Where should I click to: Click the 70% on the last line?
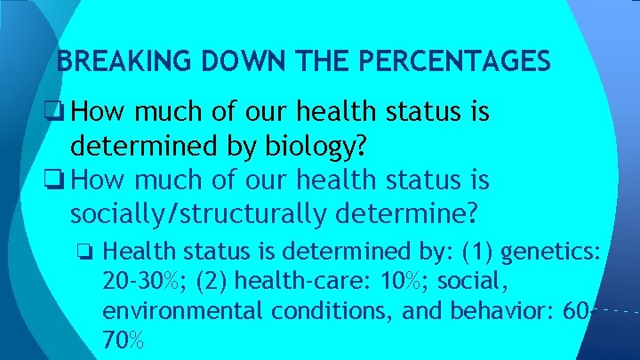click(124, 340)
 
